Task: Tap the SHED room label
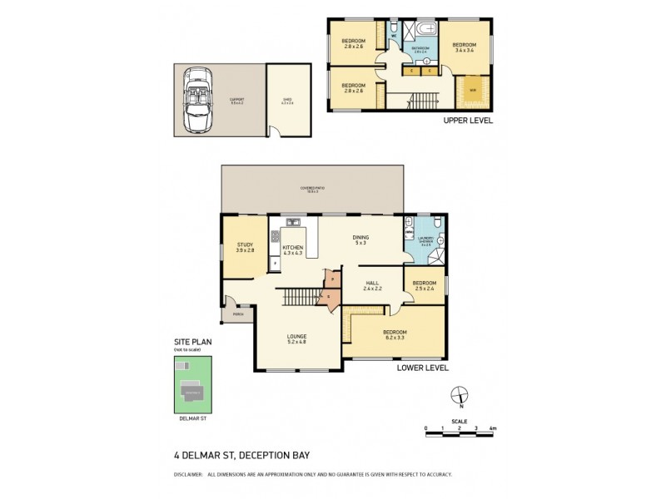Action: pyautogui.click(x=286, y=101)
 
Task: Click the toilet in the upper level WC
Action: pyautogui.click(x=392, y=32)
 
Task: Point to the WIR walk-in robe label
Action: pyautogui.click(x=472, y=91)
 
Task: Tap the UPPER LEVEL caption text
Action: pyautogui.click(x=467, y=121)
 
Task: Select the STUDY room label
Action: pyautogui.click(x=244, y=247)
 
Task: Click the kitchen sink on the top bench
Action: pyautogui.click(x=292, y=222)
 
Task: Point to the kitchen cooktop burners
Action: pyautogui.click(x=275, y=236)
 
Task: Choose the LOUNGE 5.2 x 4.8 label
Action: pyautogui.click(x=296, y=338)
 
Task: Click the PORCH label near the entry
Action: pyautogui.click(x=237, y=314)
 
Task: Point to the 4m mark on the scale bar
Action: pyautogui.click(x=492, y=428)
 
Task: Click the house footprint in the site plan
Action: pyautogui.click(x=193, y=391)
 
